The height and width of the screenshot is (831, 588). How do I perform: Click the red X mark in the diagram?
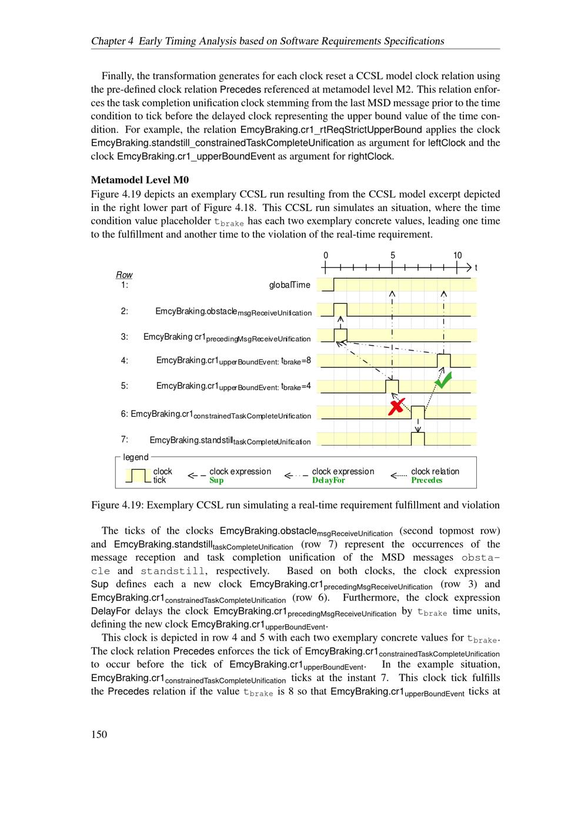[397, 406]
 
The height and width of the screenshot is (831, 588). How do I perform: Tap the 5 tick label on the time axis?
[393, 256]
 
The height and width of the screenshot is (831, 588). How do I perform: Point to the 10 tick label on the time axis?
[457, 256]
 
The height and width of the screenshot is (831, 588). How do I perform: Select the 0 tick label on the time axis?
[326, 256]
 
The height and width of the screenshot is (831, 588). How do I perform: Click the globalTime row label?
[289, 285]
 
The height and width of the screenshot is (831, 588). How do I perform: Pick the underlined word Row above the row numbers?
[124, 275]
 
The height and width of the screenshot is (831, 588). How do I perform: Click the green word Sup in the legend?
[216, 481]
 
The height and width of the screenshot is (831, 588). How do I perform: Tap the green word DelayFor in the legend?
[328, 481]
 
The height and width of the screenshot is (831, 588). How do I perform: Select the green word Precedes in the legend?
[426, 481]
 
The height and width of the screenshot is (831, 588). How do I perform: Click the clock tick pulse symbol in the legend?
[138, 475]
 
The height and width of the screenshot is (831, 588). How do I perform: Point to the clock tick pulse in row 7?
[417, 439]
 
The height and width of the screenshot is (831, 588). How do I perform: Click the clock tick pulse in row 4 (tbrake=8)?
[444, 360]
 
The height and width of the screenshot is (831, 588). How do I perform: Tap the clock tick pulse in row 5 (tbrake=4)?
[392, 386]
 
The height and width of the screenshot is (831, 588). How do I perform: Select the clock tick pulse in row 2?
[340, 310]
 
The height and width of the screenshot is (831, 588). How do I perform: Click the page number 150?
[99, 734]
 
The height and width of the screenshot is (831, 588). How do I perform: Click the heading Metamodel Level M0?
[140, 180]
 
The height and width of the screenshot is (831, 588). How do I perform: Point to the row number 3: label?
[125, 337]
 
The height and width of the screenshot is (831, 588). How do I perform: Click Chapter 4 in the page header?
[112, 41]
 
